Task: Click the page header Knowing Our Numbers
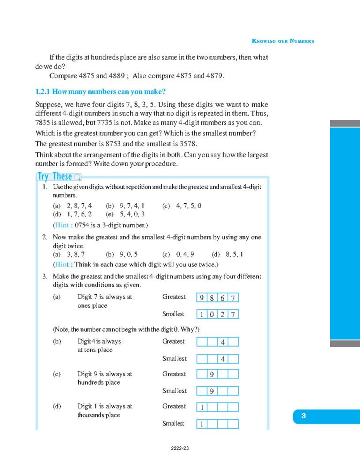(283, 41)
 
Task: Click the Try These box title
(55, 177)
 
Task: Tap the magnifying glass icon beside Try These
(77, 177)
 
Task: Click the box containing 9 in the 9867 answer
(202, 298)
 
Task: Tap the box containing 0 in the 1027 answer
(212, 315)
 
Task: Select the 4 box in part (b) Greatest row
(223, 342)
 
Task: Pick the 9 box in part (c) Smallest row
(212, 391)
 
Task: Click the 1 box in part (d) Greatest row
(202, 407)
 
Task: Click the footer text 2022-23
(180, 449)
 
